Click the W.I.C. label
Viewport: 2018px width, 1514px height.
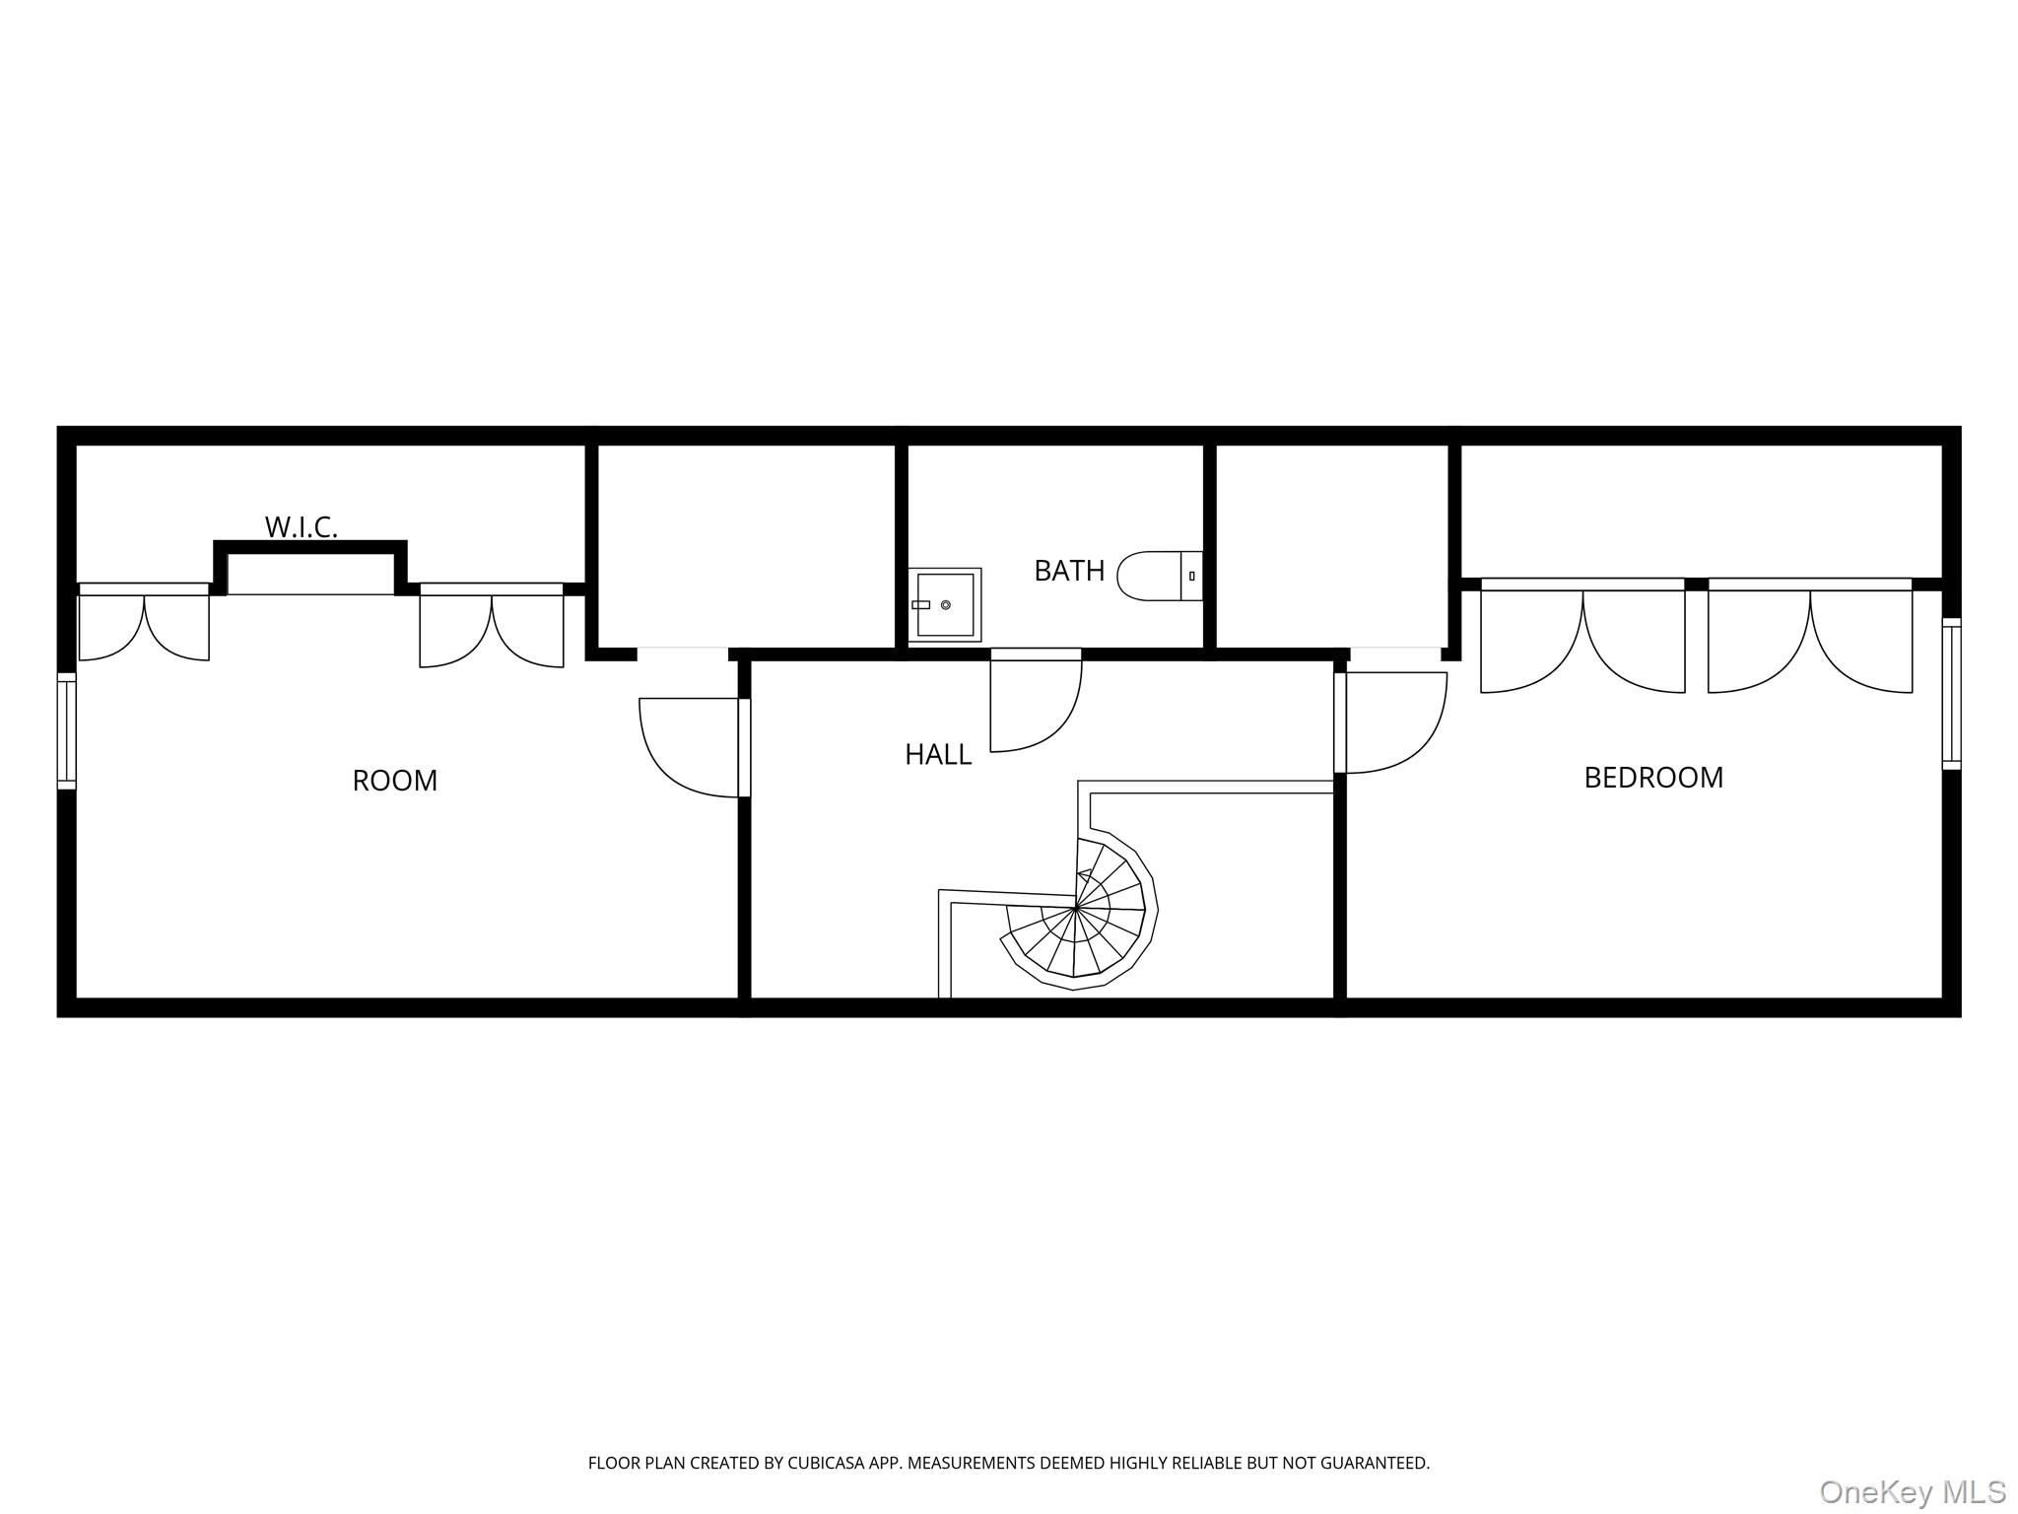pyautogui.click(x=301, y=526)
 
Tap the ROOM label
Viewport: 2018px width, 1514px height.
pyautogui.click(x=394, y=781)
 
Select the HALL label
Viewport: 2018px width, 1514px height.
pyautogui.click(x=938, y=755)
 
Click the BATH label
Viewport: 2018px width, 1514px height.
pyautogui.click(x=1069, y=571)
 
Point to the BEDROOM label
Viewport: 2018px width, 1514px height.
pyautogui.click(x=1653, y=778)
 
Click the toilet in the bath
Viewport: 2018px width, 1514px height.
pyautogui.click(x=1159, y=577)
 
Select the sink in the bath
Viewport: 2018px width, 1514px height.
pyautogui.click(x=945, y=604)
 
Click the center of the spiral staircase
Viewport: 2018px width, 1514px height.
pyautogui.click(x=1077, y=907)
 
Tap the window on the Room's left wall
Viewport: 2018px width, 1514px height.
pyautogui.click(x=66, y=730)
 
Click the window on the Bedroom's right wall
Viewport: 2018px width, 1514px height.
pyautogui.click(x=1951, y=693)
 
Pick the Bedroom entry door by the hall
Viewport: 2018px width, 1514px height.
pyautogui.click(x=1391, y=722)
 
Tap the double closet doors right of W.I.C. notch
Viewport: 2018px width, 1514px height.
pyautogui.click(x=492, y=629)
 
